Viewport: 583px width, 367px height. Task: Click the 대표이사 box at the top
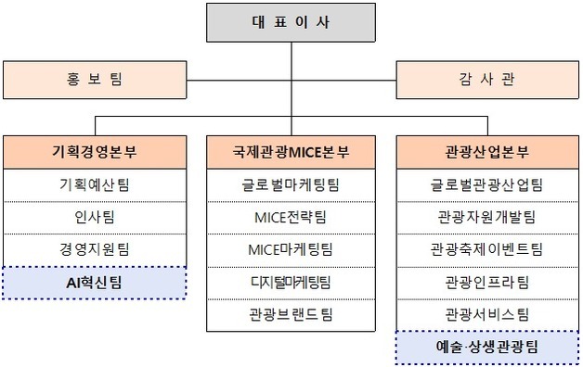291,23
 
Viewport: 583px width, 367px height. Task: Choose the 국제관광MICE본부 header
291,151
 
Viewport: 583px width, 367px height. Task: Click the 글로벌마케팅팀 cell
291,184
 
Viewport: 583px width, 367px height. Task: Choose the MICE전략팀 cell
291,217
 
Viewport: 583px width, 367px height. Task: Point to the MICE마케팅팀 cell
291,248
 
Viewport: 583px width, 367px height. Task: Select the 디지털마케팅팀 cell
291,281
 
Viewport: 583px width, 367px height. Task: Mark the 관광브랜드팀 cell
291,313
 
